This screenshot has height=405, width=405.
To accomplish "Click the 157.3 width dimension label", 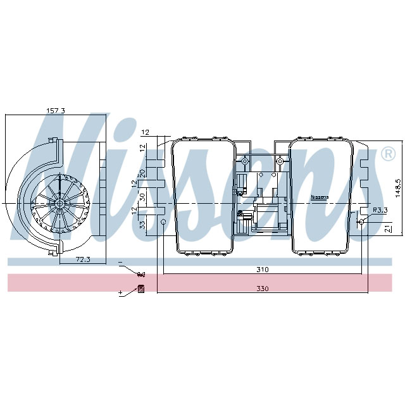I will click(x=56, y=111).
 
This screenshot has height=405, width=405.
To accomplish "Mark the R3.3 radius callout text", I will click(x=380, y=209).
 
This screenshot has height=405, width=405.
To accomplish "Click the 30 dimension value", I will click(x=143, y=197).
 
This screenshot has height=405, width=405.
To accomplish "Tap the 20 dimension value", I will click(x=143, y=172).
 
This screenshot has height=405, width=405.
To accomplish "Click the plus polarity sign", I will click(x=120, y=293).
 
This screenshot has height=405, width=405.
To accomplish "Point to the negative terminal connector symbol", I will click(x=140, y=274).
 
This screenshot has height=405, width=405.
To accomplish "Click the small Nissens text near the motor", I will click(x=320, y=197).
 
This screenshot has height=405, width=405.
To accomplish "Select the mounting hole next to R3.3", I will click(x=361, y=221).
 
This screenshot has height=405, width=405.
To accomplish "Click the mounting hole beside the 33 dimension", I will click(x=163, y=223).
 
